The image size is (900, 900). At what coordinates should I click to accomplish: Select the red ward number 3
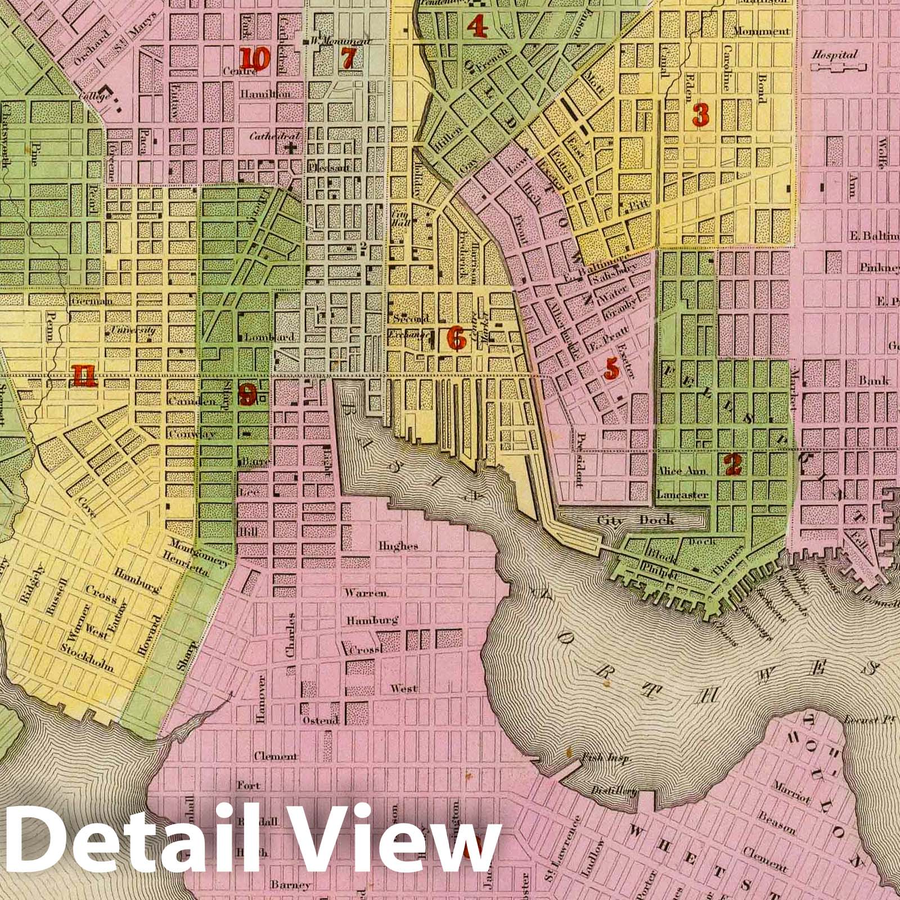[700, 115]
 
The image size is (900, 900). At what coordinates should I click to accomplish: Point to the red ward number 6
[456, 337]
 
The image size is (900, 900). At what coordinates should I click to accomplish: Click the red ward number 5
[610, 369]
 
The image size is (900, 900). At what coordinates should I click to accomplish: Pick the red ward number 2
[732, 465]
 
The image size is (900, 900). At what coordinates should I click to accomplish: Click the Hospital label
[834, 55]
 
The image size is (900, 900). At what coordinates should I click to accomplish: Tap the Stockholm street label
[89, 659]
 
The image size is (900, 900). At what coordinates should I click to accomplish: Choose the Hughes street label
[398, 546]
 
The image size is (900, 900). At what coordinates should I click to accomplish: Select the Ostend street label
[320, 721]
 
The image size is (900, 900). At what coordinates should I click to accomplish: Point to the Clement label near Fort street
[275, 757]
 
